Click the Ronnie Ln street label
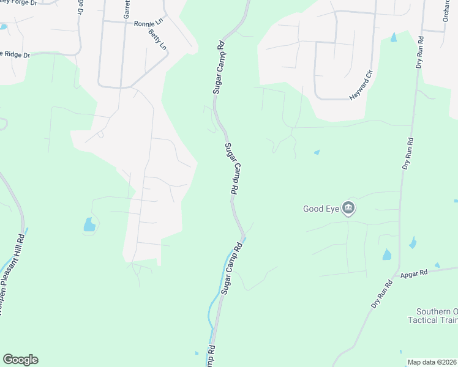click(x=149, y=21)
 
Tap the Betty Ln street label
click(x=157, y=37)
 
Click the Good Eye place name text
click(x=321, y=209)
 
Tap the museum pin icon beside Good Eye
click(x=348, y=209)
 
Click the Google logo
click(x=20, y=360)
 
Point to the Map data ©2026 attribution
click(x=432, y=362)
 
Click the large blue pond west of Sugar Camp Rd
click(x=89, y=224)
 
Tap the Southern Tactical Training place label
click(x=432, y=316)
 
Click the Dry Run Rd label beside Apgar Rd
click(x=381, y=294)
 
